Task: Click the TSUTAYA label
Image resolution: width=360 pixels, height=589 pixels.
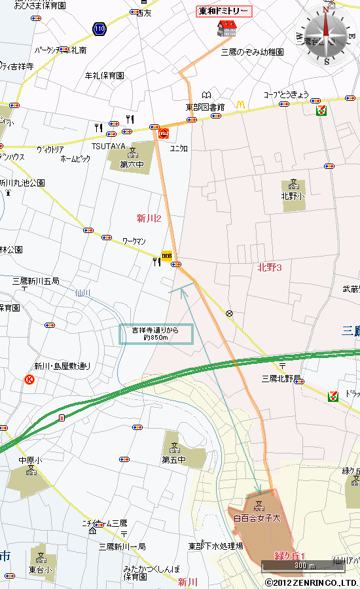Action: pyautogui.click(x=108, y=146)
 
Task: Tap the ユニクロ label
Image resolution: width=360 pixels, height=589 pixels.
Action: pyautogui.click(x=179, y=149)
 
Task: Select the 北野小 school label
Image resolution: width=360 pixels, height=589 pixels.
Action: pyautogui.click(x=293, y=196)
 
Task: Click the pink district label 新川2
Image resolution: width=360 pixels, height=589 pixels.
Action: pyautogui.click(x=149, y=218)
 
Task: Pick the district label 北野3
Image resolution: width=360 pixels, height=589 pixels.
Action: pyautogui.click(x=269, y=266)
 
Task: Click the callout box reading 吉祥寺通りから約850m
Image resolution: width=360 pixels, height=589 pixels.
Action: pyautogui.click(x=156, y=334)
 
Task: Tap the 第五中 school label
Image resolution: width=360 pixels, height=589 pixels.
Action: pyautogui.click(x=174, y=460)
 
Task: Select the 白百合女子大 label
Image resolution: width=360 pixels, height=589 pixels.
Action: pyautogui.click(x=257, y=518)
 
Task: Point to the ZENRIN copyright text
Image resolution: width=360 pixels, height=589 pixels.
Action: pyautogui.click(x=311, y=582)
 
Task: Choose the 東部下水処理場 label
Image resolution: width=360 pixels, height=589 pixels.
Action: pyautogui.click(x=215, y=545)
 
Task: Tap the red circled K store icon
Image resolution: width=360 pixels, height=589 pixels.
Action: pyautogui.click(x=29, y=380)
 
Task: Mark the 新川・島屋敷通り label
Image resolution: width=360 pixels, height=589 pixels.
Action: pyautogui.click(x=62, y=366)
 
